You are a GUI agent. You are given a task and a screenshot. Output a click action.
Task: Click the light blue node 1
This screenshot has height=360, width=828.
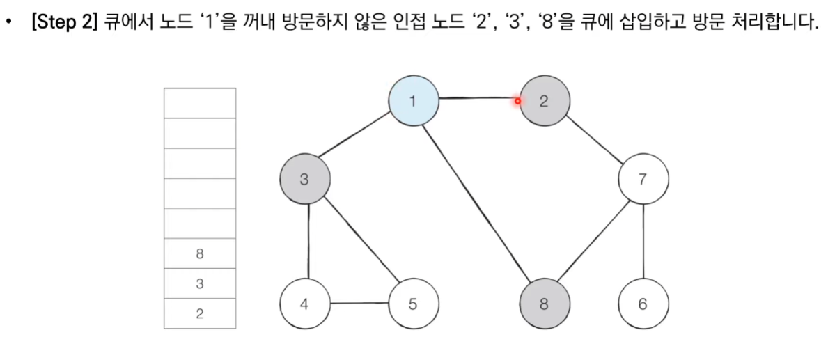click(413, 101)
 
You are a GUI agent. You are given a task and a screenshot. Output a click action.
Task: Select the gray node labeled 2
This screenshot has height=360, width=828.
click(544, 101)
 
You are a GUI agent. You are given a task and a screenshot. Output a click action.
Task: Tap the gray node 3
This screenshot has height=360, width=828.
click(304, 180)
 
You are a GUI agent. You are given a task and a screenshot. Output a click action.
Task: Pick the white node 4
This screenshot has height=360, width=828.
click(304, 304)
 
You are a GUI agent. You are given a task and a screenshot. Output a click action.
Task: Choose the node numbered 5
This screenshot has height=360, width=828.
click(413, 304)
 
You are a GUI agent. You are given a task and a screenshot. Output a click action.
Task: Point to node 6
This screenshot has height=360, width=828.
click(642, 304)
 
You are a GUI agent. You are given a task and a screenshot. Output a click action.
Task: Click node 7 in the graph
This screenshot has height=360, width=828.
click(642, 180)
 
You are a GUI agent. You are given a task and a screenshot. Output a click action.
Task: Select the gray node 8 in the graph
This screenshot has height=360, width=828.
click(544, 304)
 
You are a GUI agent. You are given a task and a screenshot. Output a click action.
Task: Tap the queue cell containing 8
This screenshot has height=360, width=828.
click(200, 254)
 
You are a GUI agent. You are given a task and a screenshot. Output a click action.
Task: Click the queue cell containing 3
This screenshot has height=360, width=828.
click(200, 284)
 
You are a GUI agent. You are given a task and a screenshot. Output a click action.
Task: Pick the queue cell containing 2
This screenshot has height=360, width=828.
click(200, 313)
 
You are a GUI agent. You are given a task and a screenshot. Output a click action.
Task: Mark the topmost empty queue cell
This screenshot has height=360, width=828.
click(200, 103)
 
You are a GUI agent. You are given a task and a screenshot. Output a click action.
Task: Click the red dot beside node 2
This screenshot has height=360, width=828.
click(517, 101)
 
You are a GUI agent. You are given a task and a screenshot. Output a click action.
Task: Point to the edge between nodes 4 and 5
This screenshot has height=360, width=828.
click(359, 304)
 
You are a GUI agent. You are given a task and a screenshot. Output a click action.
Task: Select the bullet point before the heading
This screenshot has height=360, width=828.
click(9, 25)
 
